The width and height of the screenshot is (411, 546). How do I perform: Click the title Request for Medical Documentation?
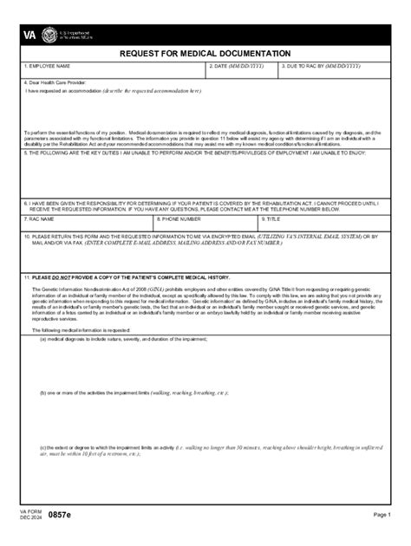[205, 54]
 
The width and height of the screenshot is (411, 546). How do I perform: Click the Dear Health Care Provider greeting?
[56, 82]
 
